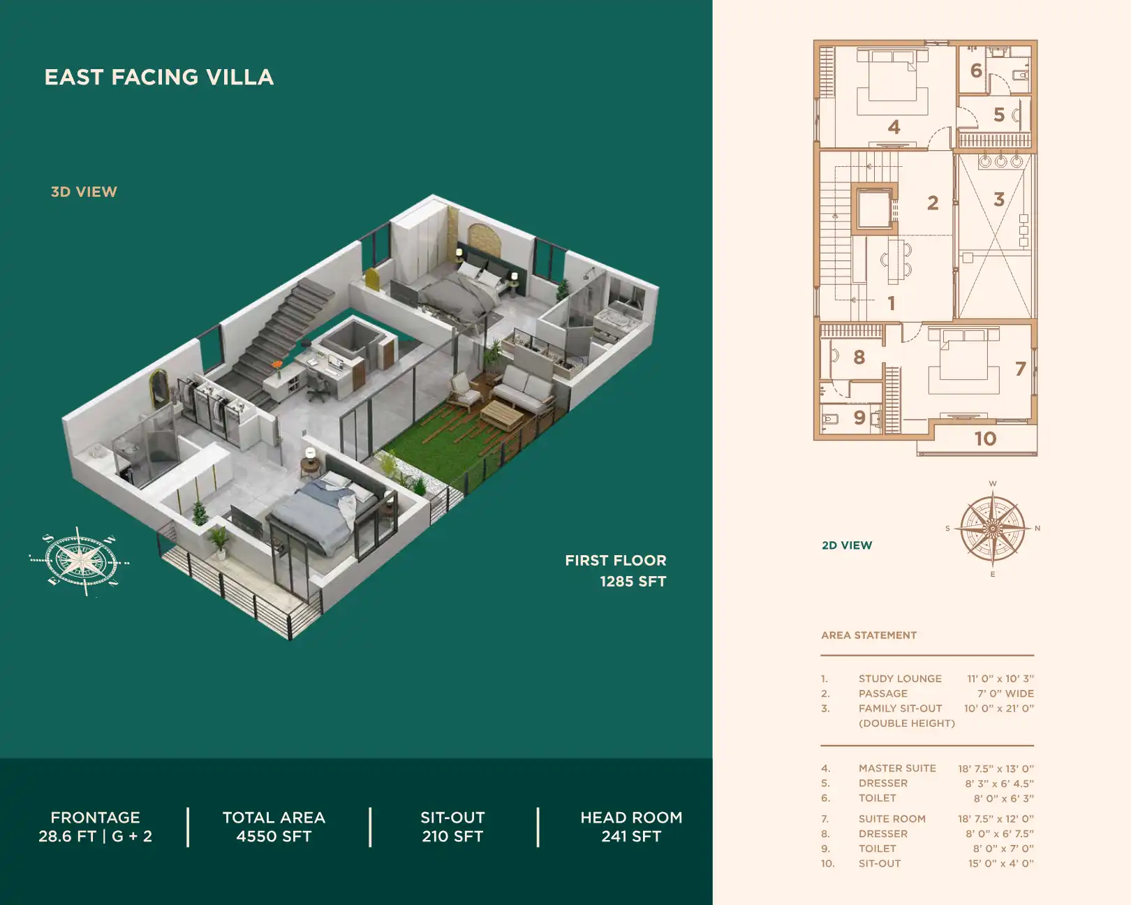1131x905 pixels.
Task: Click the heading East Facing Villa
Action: (x=159, y=77)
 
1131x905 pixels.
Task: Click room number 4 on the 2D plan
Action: (x=894, y=127)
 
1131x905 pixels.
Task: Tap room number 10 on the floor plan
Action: (x=985, y=439)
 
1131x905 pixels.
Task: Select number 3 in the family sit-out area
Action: (x=999, y=200)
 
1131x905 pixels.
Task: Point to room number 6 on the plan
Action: (x=976, y=71)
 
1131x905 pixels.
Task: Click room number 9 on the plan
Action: (x=859, y=418)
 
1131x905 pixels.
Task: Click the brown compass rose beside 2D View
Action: (x=992, y=529)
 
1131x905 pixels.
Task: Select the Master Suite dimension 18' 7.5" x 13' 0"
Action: (x=996, y=768)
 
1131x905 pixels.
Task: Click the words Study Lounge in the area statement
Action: (x=900, y=679)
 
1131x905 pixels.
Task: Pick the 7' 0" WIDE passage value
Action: (x=1005, y=693)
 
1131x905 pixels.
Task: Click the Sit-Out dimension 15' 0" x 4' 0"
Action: (x=1000, y=864)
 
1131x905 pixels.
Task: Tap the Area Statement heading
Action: (x=868, y=635)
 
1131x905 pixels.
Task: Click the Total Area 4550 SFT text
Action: (x=274, y=827)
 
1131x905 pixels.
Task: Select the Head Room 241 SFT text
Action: (x=631, y=827)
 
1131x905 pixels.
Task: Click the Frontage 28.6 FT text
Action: (x=95, y=827)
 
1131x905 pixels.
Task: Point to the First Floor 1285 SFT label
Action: (x=616, y=571)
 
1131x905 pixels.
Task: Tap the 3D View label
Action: (x=84, y=192)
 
